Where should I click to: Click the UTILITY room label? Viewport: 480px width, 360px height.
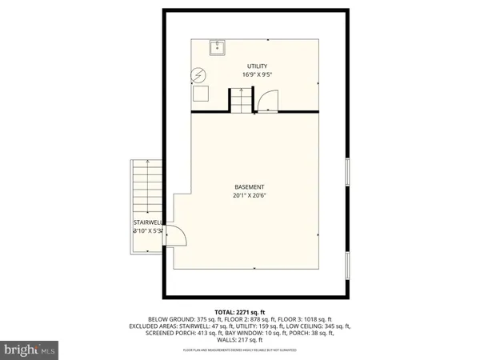(255, 66)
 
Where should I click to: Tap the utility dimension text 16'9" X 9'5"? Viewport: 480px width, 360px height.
(255, 75)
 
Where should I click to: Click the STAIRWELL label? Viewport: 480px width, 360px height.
(147, 223)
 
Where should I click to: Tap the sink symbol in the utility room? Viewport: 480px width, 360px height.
(216, 48)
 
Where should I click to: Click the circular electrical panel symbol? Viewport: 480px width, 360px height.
(198, 77)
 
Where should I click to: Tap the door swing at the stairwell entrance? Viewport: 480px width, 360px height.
(178, 236)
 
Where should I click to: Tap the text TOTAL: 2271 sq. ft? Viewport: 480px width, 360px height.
(240, 311)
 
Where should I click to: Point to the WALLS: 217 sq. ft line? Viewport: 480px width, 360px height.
(240, 341)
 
